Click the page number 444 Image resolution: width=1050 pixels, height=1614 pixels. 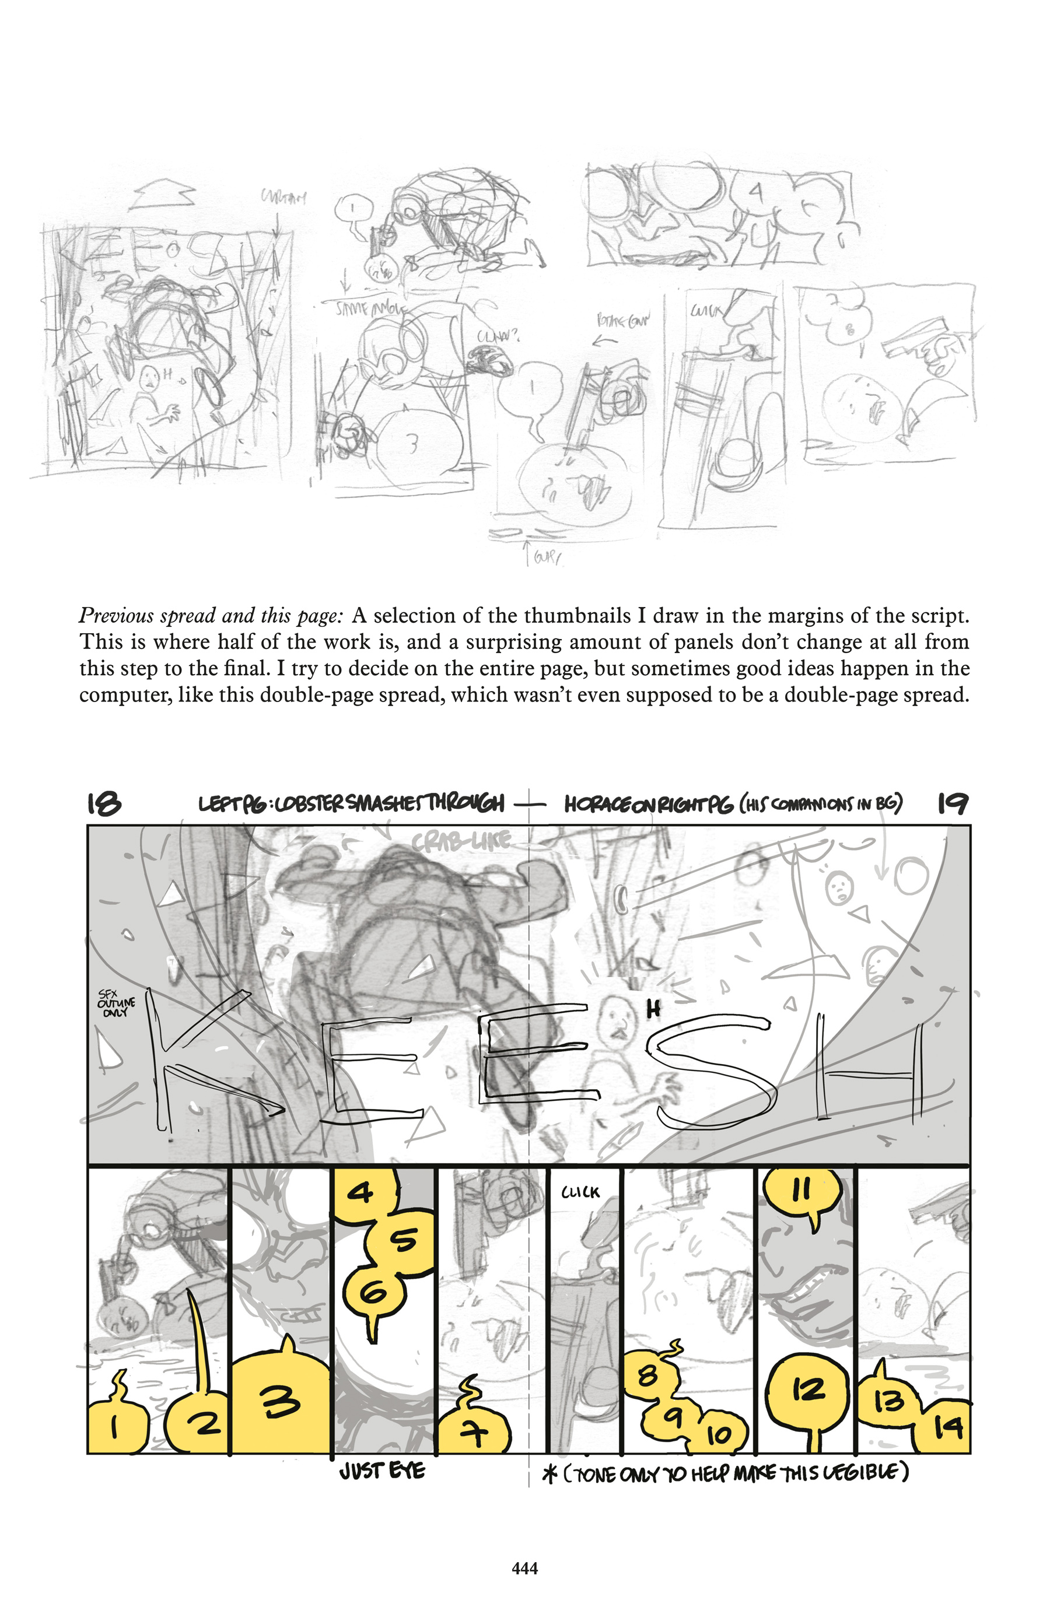point(525,1568)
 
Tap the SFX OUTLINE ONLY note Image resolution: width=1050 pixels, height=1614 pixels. point(116,1004)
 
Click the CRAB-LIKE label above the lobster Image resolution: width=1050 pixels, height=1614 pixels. point(461,841)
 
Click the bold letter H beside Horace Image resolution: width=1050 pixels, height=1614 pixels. point(653,1010)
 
